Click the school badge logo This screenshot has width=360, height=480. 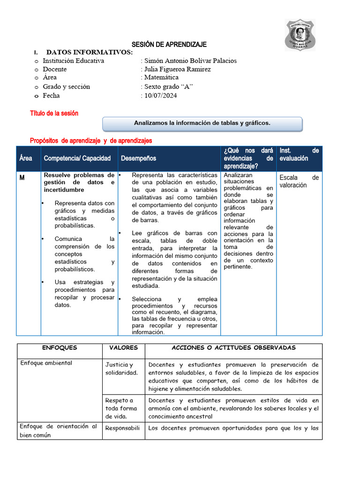300,35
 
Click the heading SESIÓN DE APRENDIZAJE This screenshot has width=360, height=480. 169,44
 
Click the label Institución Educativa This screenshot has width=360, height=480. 74,60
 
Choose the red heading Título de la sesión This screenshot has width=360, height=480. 54,113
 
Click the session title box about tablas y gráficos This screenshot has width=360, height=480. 202,123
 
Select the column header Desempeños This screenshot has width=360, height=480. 138,158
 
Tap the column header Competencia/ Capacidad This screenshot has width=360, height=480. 77,158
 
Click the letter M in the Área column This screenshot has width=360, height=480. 22,178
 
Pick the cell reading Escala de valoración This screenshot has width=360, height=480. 299,181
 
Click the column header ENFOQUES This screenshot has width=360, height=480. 60,348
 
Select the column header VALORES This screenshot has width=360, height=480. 123,348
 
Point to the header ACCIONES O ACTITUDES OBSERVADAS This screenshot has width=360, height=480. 233,348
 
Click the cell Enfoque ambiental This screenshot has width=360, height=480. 46,363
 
